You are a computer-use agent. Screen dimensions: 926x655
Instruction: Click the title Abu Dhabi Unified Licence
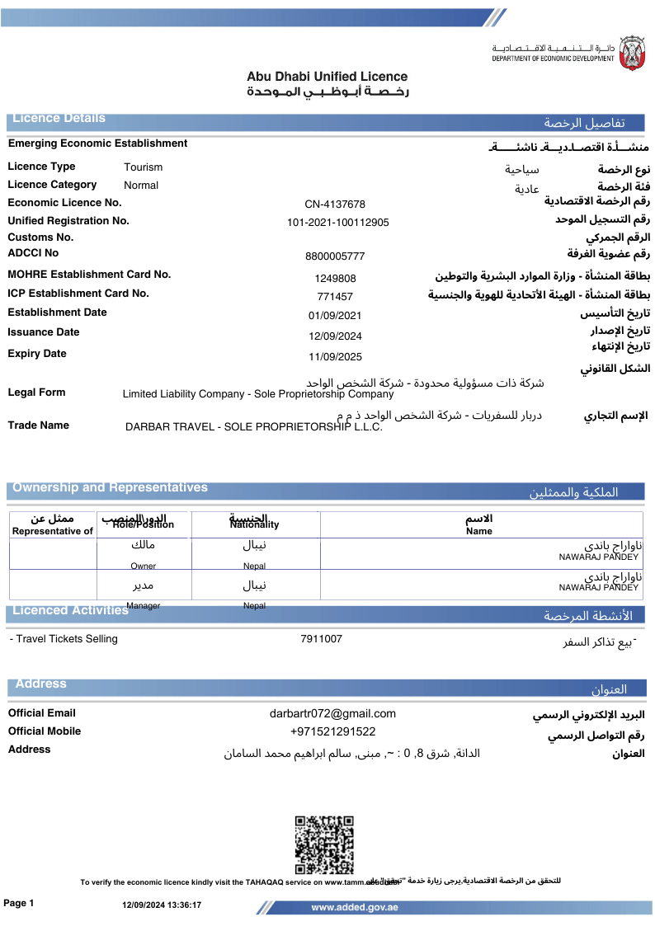[x=327, y=77]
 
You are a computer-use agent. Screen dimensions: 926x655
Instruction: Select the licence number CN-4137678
[x=335, y=204]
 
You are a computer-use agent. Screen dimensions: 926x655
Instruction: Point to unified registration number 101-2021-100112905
[x=338, y=223]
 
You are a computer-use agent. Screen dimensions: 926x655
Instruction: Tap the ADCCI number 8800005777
[x=335, y=256]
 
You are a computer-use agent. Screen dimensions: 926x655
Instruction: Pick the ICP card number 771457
[x=335, y=297]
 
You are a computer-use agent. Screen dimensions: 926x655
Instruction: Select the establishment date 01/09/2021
[x=335, y=316]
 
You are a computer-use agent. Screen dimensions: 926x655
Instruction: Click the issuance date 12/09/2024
[x=335, y=336]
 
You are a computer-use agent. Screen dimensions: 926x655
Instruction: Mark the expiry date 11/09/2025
[x=335, y=357]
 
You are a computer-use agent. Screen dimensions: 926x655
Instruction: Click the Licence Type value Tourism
[x=144, y=167]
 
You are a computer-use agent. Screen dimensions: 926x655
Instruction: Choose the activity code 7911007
[x=321, y=639]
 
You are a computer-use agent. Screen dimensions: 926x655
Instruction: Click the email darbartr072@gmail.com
[x=332, y=714]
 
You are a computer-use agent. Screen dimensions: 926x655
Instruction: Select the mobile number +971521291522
[x=332, y=731]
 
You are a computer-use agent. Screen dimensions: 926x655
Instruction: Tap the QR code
[x=324, y=844]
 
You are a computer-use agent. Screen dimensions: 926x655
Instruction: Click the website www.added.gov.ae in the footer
[x=355, y=907]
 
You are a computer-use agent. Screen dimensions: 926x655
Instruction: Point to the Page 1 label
[x=19, y=904]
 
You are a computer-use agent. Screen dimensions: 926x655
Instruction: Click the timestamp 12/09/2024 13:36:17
[x=162, y=905]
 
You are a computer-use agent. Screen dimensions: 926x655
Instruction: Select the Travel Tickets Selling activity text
[x=64, y=639]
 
